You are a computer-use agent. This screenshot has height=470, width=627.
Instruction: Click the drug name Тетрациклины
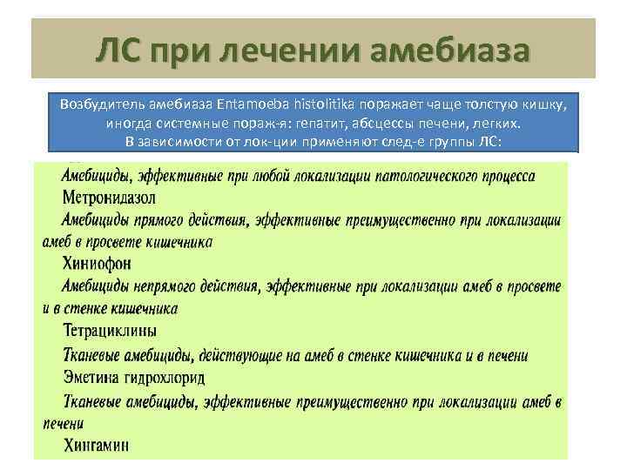tap(110, 331)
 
